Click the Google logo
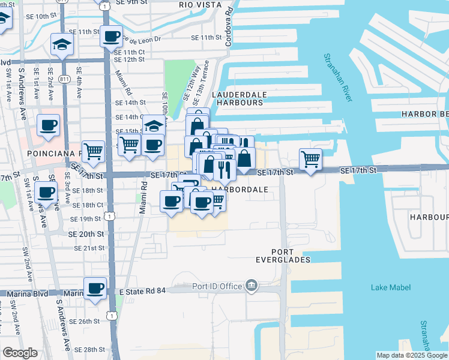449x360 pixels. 20,353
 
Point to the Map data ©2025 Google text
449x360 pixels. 412,355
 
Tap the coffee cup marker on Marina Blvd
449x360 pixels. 95,289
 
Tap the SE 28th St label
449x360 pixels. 91,349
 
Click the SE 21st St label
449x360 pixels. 89,248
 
